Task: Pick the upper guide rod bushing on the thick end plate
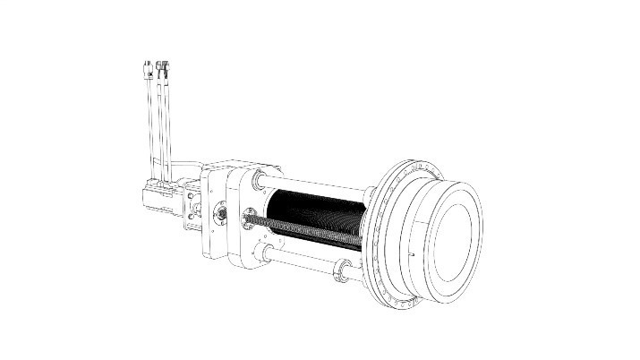click(x=259, y=180)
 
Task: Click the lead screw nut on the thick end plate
click(x=248, y=215)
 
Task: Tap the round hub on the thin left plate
click(x=218, y=215)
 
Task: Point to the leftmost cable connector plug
click(x=147, y=68)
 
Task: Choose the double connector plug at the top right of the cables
click(x=162, y=67)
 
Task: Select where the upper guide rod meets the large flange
click(x=369, y=193)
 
